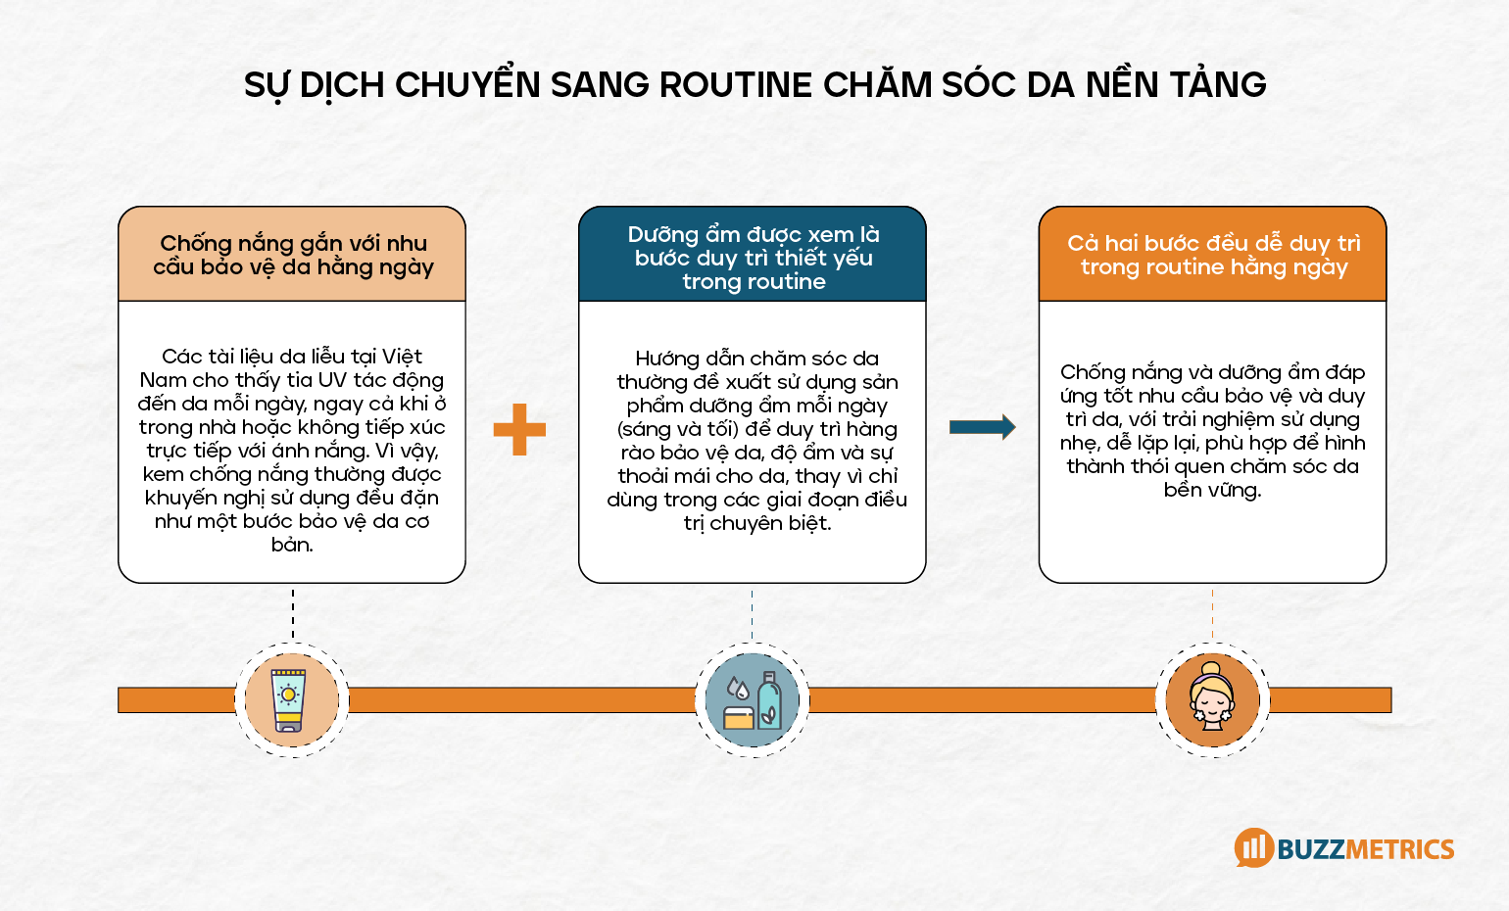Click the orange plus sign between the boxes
pyautogui.click(x=519, y=429)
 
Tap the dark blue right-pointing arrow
pyautogui.click(x=982, y=426)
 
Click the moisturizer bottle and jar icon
pyautogui.click(x=753, y=700)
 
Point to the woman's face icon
pyautogui.click(x=1212, y=698)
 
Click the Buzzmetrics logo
pyautogui.click(x=1344, y=848)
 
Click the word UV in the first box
pyautogui.click(x=332, y=380)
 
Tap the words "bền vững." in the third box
pyautogui.click(x=1212, y=490)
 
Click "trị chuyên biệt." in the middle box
pyautogui.click(x=757, y=523)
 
